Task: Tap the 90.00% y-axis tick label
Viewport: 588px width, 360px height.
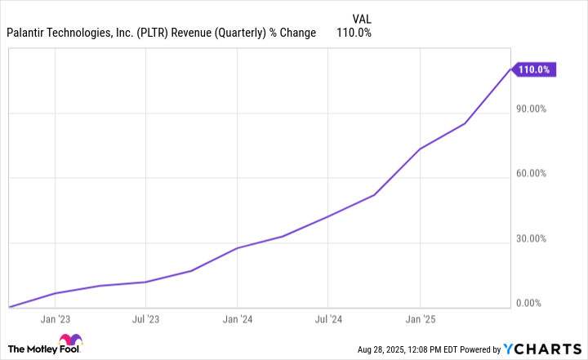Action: [534, 108]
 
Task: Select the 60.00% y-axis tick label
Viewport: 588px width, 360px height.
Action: [534, 173]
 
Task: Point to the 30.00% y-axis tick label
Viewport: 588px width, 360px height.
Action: [534, 238]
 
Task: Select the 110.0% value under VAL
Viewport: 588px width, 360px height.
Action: [354, 33]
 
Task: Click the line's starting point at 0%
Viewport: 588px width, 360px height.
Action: [9, 308]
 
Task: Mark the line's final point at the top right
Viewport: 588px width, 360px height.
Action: [511, 69]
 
